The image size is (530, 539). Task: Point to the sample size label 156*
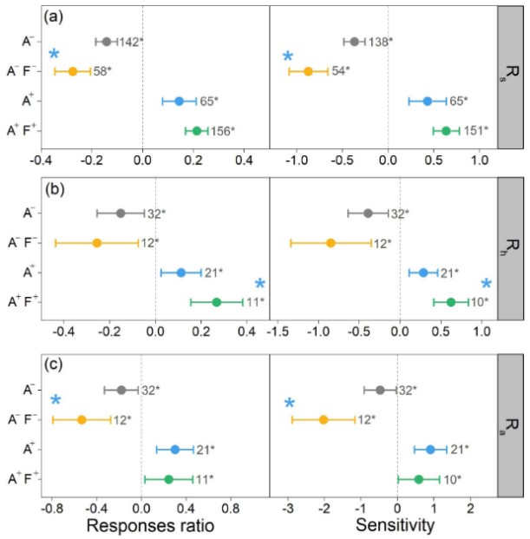tap(224, 131)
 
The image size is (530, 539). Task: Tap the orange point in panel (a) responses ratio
tap(73, 71)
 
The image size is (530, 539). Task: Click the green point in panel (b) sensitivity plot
tap(450, 302)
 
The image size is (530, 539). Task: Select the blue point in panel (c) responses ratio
tap(174, 450)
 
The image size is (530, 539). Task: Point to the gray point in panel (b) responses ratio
tap(121, 214)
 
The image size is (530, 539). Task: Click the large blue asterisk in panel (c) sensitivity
tap(290, 403)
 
